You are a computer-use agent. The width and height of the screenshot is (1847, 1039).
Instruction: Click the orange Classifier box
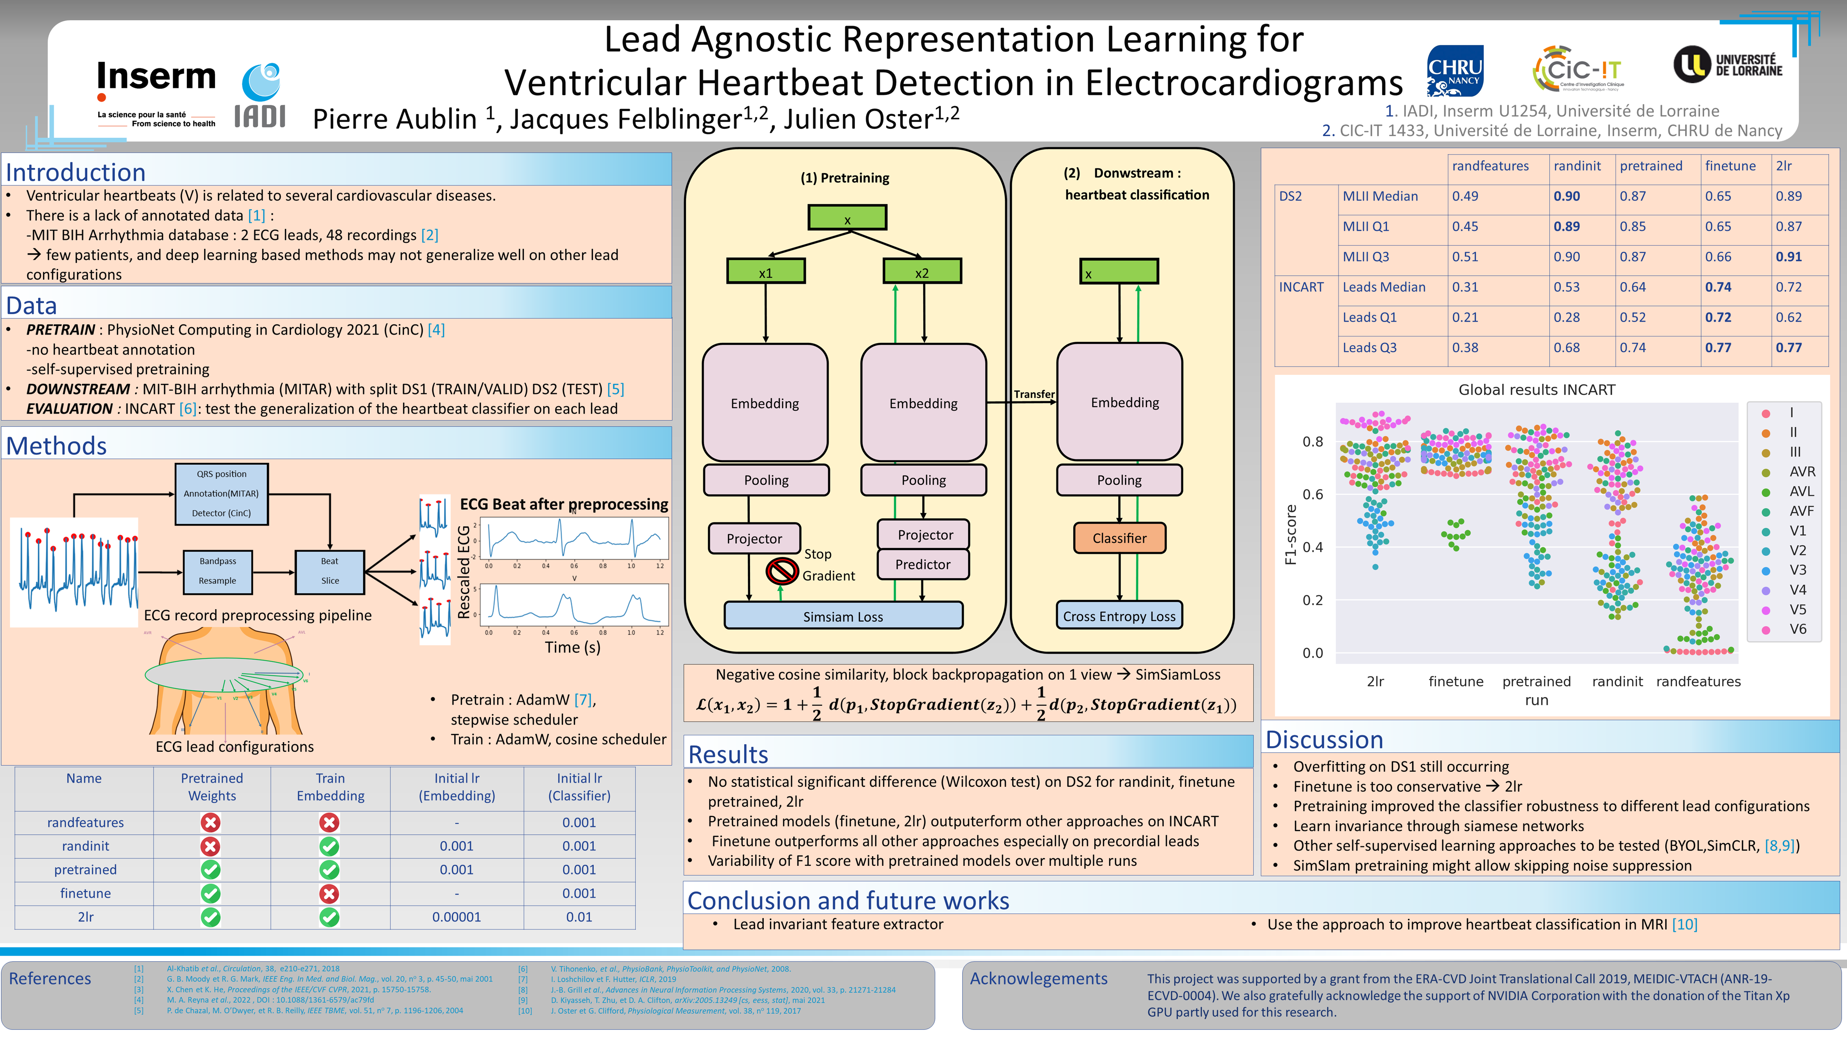click(1119, 538)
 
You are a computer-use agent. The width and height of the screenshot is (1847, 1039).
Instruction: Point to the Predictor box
click(923, 564)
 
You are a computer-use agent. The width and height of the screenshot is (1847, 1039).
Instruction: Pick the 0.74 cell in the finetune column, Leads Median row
click(1718, 287)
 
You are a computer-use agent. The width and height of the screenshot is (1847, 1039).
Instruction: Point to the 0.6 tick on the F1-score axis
click(1312, 494)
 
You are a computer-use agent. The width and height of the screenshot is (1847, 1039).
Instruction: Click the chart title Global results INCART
click(1536, 389)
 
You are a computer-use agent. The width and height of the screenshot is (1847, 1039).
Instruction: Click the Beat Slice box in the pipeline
click(330, 571)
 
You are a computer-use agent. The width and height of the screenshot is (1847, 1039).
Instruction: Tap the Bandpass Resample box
click(217, 571)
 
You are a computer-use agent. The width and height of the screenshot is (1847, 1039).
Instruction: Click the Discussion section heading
click(1324, 739)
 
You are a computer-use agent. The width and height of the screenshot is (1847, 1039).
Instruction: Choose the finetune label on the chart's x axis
click(1456, 681)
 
